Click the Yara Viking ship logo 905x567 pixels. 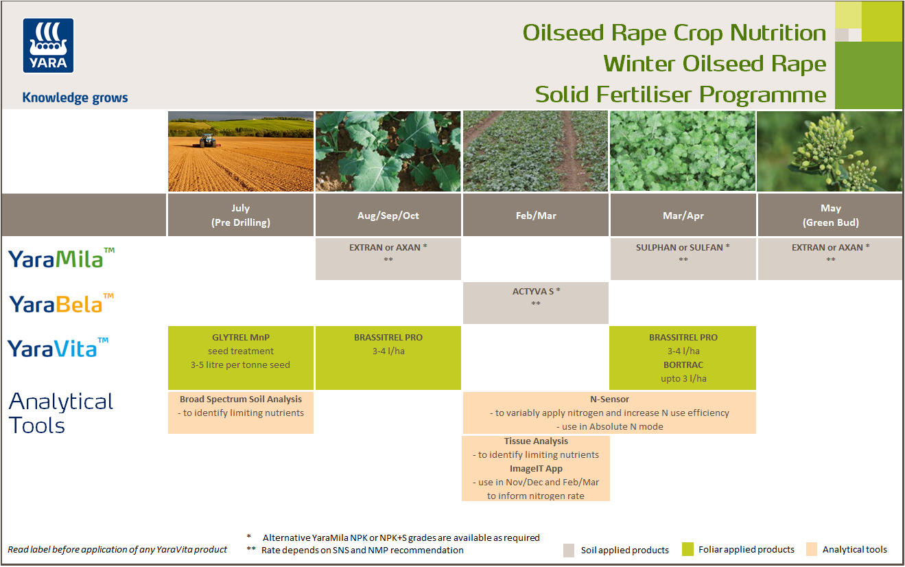[48, 45]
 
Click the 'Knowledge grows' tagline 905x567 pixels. [75, 97]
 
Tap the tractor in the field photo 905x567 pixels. [207, 141]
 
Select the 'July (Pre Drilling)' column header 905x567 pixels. [240, 215]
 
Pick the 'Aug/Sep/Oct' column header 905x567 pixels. [388, 216]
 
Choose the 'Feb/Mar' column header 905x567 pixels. [536, 216]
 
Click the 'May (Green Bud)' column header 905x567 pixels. [830, 215]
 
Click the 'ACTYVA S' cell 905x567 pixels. [536, 292]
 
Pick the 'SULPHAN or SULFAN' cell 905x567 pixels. [683, 248]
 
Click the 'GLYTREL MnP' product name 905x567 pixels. [240, 338]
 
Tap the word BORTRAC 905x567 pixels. [683, 365]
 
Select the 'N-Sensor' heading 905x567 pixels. [609, 399]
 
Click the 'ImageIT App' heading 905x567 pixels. [536, 469]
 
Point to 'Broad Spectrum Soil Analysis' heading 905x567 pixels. [241, 399]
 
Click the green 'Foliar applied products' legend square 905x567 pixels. [688, 549]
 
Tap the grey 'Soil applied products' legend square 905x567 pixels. [569, 550]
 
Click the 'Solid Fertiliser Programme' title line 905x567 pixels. [680, 94]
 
